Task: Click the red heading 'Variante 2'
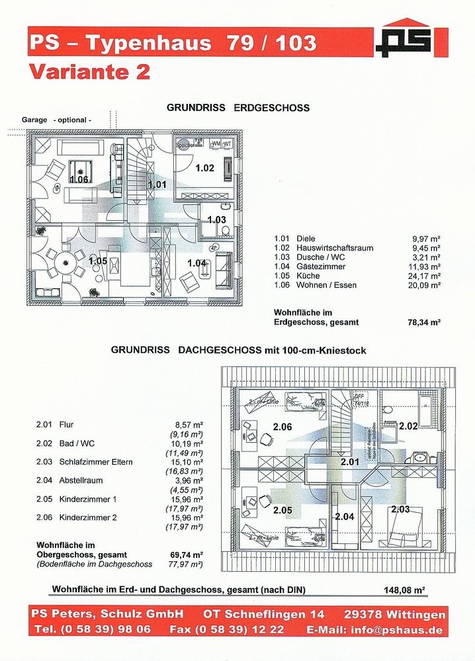coord(89,71)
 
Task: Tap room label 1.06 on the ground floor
coord(79,179)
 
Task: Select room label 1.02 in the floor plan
coord(204,168)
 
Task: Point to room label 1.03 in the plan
coord(216,219)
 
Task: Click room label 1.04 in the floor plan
coord(197,262)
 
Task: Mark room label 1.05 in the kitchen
coord(98,260)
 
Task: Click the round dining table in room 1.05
coord(66,262)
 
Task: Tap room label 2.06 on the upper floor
coord(282,426)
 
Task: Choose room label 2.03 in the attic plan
coord(400,508)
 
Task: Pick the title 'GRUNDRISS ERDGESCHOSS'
coord(238,107)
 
